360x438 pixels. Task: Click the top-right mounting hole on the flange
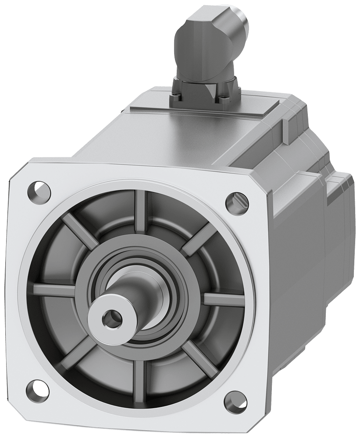coord(233,201)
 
